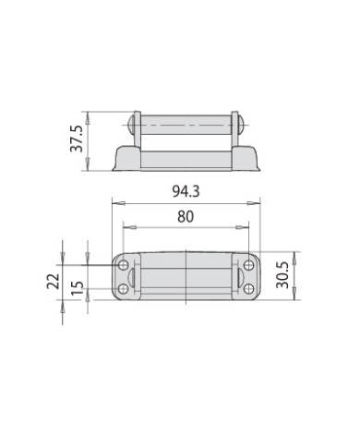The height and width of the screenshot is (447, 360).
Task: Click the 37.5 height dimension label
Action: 77,139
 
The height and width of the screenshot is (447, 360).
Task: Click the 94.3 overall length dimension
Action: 186,191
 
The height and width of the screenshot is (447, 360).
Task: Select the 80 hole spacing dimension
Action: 186,217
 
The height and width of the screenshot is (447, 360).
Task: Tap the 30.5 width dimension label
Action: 282,275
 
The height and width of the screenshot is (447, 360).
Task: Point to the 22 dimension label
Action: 53,281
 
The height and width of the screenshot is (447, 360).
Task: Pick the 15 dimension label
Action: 78,288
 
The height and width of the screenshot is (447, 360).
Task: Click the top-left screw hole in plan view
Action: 124,265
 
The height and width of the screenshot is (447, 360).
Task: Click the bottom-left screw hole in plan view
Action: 124,289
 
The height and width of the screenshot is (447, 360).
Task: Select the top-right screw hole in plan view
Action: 248,265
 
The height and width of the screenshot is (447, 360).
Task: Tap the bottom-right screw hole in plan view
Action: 248,289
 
